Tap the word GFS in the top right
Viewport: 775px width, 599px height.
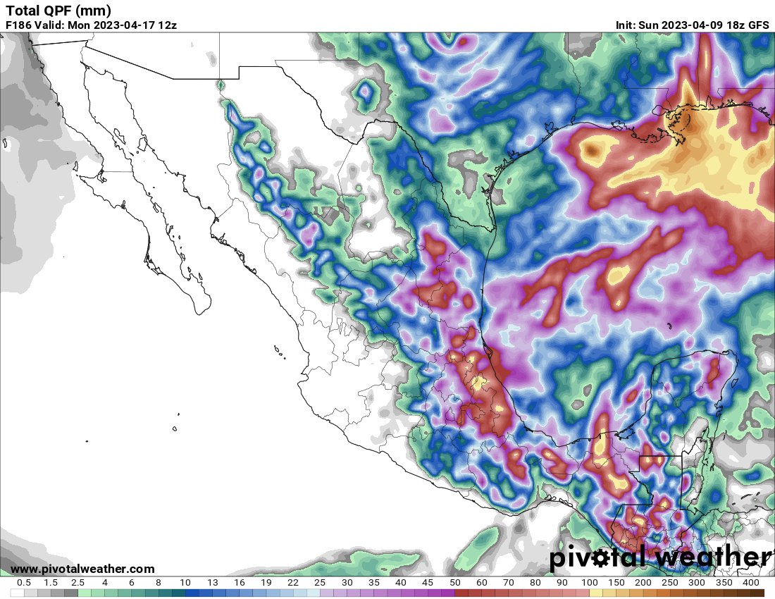(758, 25)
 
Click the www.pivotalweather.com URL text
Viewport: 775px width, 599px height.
(82, 569)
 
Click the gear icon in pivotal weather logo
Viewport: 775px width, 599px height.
(602, 558)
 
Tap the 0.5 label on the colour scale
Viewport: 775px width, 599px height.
(23, 583)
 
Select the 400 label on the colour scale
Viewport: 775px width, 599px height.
(750, 583)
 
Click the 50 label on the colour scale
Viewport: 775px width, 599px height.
(454, 583)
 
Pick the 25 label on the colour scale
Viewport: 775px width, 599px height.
(320, 583)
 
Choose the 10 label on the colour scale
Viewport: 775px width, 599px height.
(185, 583)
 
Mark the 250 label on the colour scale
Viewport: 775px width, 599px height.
(670, 583)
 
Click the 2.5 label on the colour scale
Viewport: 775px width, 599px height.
(77, 583)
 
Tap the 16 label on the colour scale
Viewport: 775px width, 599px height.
(239, 583)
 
